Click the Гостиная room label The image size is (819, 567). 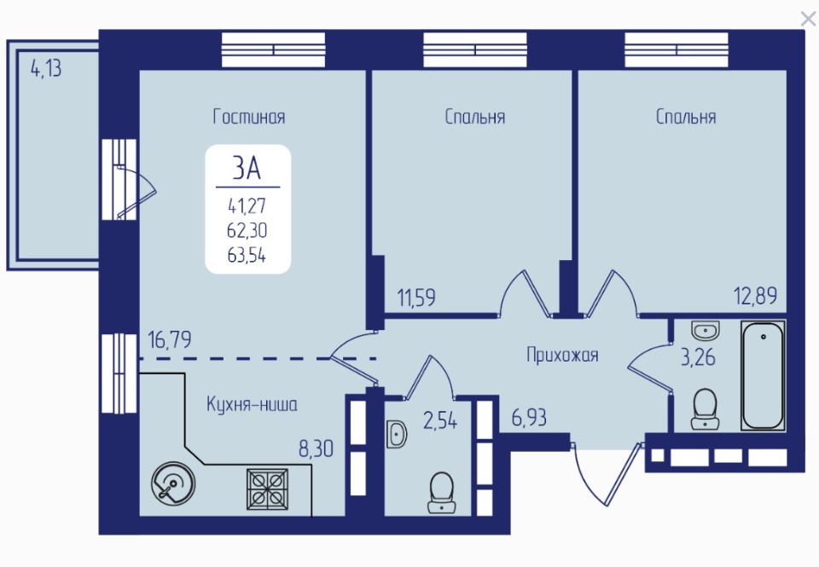249,117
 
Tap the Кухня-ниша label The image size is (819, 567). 252,405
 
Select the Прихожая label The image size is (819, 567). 562,356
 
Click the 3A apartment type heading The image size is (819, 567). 247,168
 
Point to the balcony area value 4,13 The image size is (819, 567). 46,68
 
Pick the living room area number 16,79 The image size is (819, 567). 170,340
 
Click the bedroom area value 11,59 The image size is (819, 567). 416,298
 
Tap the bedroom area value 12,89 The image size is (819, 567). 756,296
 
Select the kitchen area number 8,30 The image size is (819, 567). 316,449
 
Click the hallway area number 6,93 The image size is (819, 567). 529,418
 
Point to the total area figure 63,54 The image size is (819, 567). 247,255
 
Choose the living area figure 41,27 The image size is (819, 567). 247,206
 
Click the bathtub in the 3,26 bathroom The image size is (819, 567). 763,376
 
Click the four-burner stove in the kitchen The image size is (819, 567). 267,489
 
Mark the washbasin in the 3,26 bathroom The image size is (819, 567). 706,331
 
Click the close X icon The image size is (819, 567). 808,20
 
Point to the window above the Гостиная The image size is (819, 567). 274,49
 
